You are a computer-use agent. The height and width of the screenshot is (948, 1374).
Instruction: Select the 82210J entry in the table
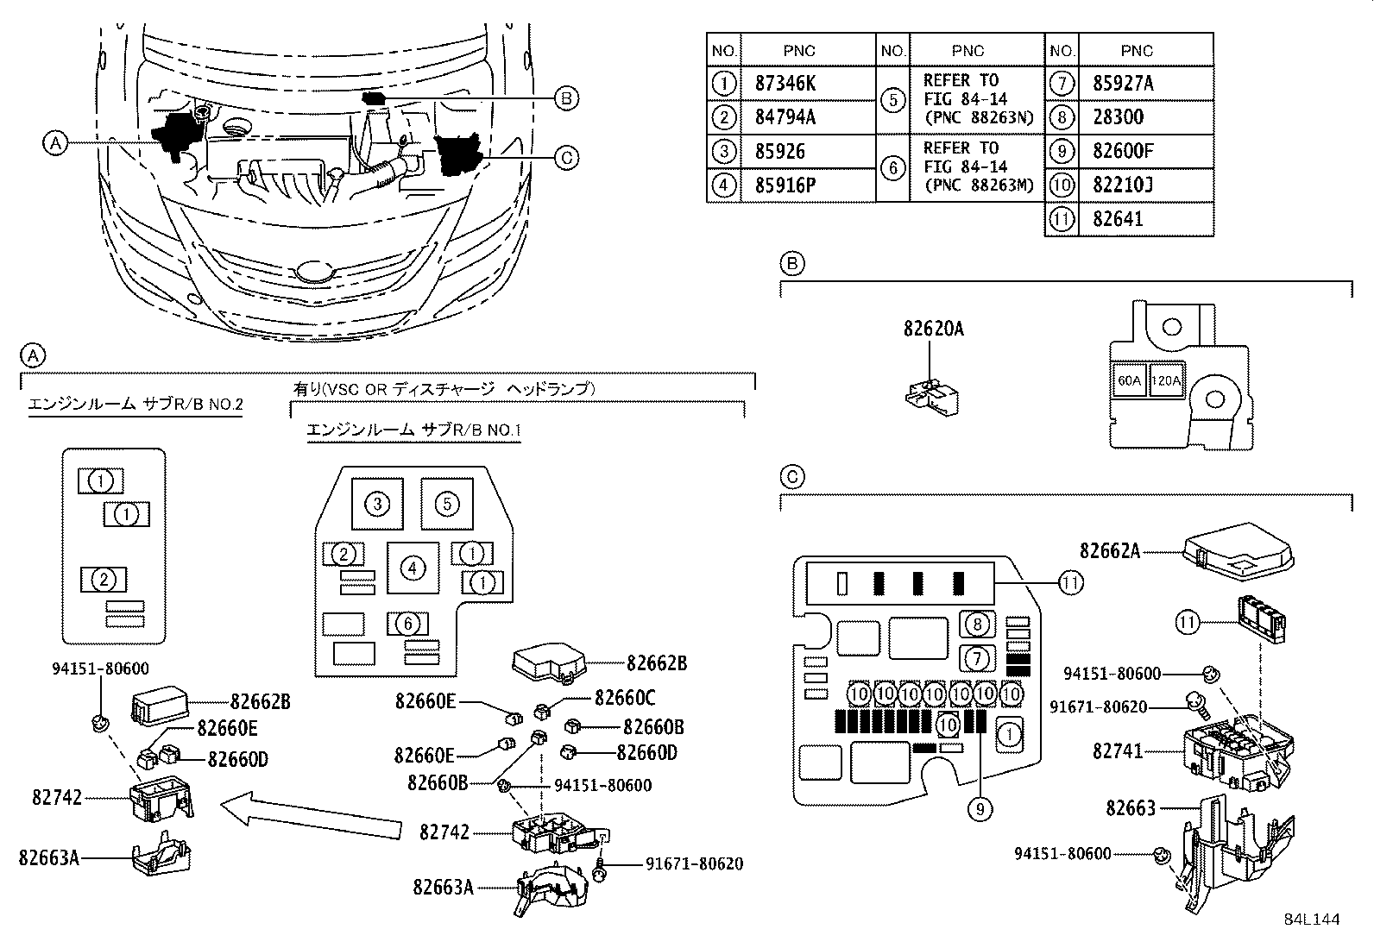coord(1123,185)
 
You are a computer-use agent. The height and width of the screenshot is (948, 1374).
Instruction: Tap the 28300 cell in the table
coord(1118,117)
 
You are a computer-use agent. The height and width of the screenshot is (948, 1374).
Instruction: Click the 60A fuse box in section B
coord(1129,380)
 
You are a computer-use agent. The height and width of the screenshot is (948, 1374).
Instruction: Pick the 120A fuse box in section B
coord(1165,380)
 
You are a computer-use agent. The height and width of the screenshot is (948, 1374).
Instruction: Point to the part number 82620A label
coord(934,329)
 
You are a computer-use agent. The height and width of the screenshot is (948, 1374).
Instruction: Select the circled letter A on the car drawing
coord(55,143)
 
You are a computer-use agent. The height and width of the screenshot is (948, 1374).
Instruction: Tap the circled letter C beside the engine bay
coord(566,158)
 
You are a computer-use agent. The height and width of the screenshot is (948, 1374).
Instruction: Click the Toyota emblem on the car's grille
coord(315,273)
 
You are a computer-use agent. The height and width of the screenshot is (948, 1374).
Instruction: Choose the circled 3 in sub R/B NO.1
coord(377,504)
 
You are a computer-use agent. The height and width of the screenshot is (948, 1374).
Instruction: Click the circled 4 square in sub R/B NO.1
coord(413,568)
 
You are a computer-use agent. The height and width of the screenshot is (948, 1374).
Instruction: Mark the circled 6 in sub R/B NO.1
coord(409,623)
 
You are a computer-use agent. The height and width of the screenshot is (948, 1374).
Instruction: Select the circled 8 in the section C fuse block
coord(976,625)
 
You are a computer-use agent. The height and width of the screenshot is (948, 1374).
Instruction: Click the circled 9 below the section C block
coord(978,808)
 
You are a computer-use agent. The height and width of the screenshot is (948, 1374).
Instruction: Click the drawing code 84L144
coord(1311,920)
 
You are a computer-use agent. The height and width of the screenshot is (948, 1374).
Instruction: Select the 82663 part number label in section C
coord(1130,808)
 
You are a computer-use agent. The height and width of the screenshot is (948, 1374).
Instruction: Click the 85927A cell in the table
coord(1123,84)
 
